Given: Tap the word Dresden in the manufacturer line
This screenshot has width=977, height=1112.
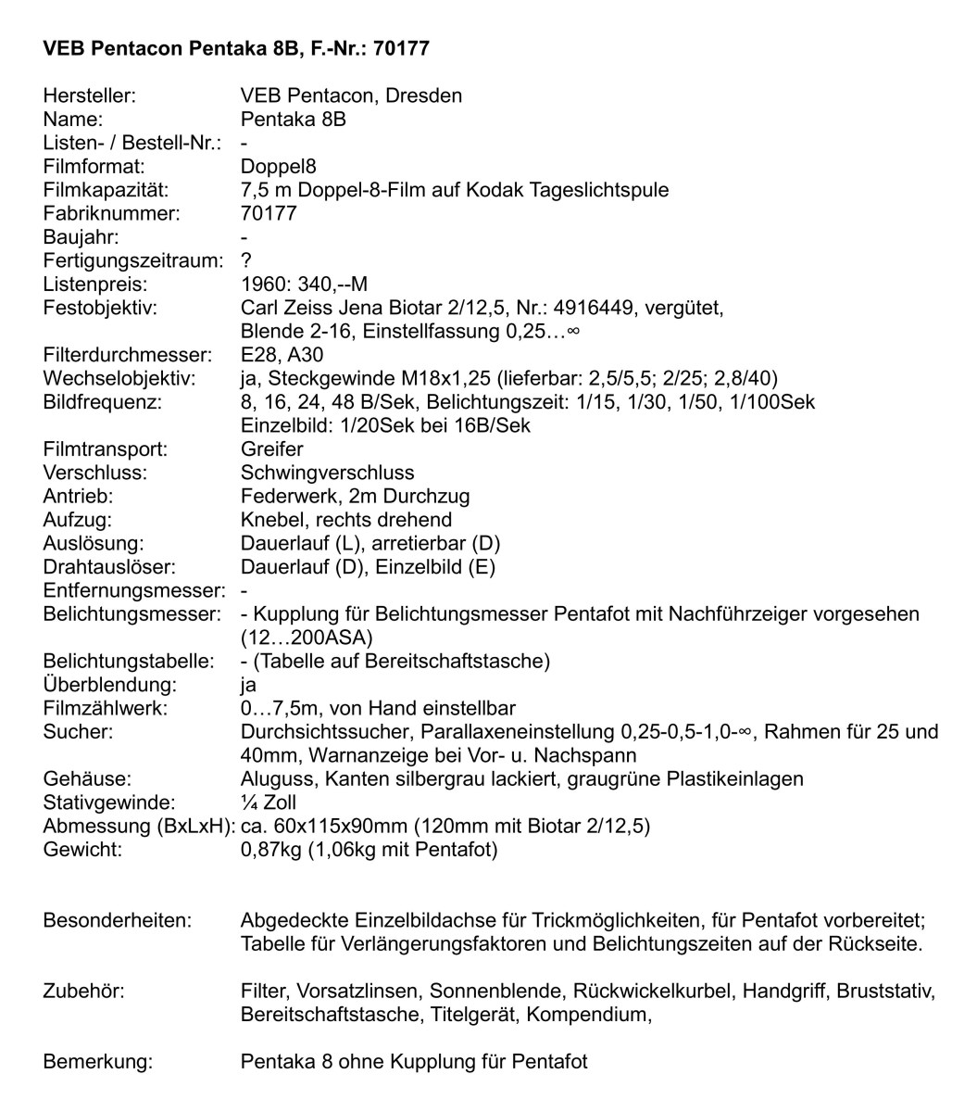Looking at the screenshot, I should (423, 95).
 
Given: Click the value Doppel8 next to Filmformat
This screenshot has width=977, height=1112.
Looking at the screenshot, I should (278, 167).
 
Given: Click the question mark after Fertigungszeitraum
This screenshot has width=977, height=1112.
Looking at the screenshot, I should (246, 261).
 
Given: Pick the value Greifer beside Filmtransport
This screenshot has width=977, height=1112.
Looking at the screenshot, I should (271, 449).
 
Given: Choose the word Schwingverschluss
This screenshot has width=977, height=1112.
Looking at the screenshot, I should (327, 473).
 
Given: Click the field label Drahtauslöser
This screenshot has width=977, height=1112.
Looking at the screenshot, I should (109, 566).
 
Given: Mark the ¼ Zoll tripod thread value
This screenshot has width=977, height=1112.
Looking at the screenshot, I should (268, 802).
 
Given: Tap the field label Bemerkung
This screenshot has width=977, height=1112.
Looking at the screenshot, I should (97, 1062).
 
